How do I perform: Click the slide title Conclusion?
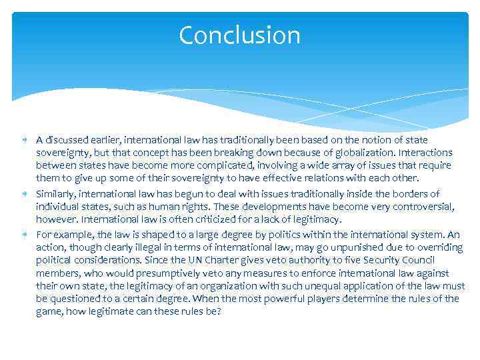click(x=239, y=35)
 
